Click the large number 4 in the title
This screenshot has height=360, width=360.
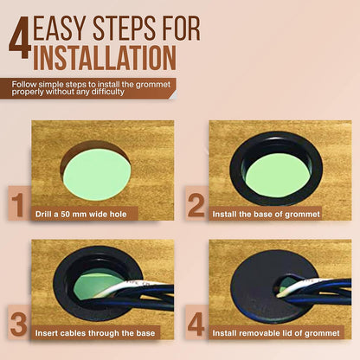[x=20, y=37]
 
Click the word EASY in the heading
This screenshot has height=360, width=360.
[x=60, y=29]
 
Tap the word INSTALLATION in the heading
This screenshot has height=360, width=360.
[x=105, y=58]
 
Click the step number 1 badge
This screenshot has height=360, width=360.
[x=19, y=203]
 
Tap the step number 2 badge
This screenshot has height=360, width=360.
[x=196, y=203]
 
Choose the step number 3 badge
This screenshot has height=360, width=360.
[x=19, y=323]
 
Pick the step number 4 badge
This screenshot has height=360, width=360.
[x=196, y=323]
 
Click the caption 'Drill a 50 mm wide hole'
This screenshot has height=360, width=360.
[x=81, y=215]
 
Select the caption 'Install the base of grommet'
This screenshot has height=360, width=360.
[x=267, y=215]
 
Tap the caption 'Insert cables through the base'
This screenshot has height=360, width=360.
[x=95, y=333]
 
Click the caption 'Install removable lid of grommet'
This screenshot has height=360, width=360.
[x=276, y=333]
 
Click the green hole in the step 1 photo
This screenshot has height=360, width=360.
[x=97, y=176]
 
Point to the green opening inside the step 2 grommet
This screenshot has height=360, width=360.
[x=278, y=179]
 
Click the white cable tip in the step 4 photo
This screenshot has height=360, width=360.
[x=279, y=295]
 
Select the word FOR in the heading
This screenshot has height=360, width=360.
[x=182, y=29]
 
